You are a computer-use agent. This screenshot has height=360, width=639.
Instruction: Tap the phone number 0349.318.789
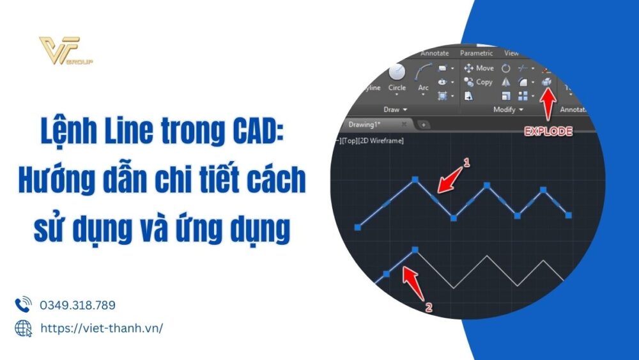(x=77, y=305)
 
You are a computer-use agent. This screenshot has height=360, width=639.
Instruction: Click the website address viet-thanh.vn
(x=102, y=327)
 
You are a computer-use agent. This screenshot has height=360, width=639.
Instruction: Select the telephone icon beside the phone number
(x=23, y=304)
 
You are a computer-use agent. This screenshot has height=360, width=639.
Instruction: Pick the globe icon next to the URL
(x=23, y=328)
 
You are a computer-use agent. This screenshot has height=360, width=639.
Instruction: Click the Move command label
(x=485, y=68)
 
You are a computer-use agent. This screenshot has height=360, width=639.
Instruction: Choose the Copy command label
(x=484, y=82)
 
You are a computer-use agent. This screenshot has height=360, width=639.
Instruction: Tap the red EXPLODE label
(x=548, y=132)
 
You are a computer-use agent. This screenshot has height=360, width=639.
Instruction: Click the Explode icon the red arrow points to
(x=546, y=82)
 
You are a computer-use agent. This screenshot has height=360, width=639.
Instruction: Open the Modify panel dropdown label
(x=507, y=110)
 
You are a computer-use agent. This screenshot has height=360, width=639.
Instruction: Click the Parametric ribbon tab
(x=476, y=54)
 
